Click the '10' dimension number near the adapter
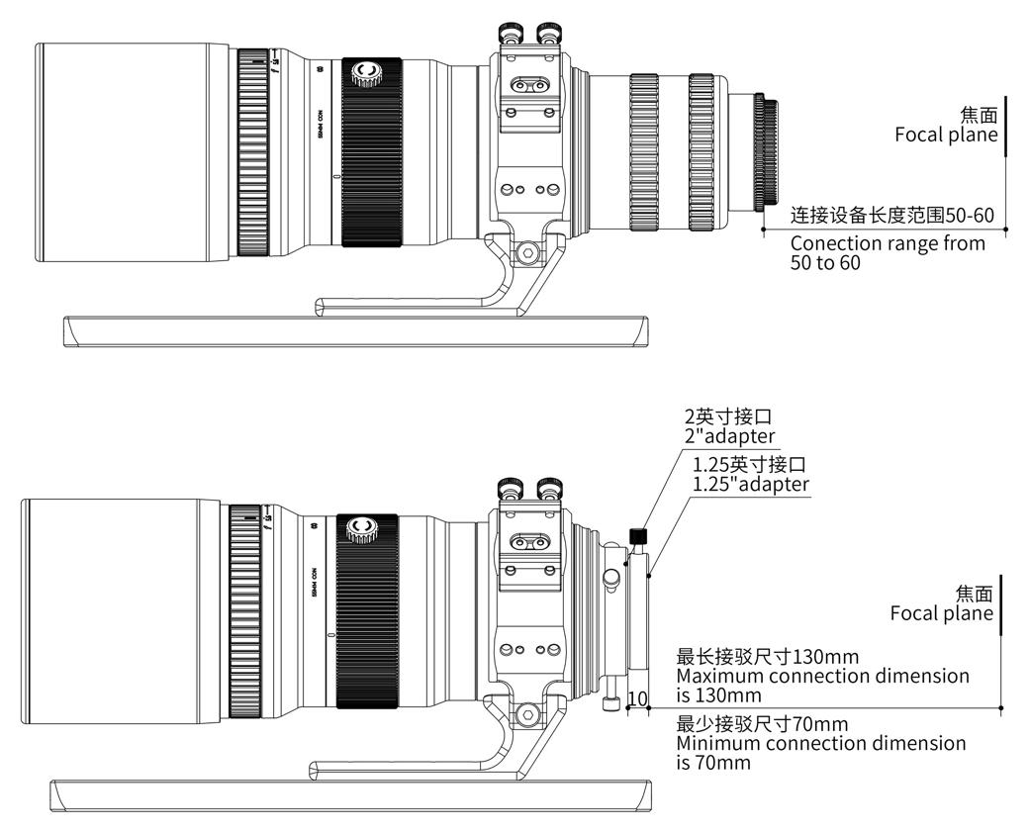pos(638,698)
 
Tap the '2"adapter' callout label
pos(730,436)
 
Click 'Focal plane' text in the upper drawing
pos(946,135)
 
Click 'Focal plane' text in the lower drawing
pos(941,613)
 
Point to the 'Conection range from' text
pos(888,243)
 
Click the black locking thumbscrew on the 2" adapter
pos(639,535)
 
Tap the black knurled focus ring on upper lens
pos(371,152)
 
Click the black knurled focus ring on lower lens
pos(367,611)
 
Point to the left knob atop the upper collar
pos(513,36)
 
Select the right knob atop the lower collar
pos(549,488)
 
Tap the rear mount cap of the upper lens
pos(767,152)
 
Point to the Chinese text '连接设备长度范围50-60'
pos(891,215)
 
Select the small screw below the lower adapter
pos(610,703)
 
